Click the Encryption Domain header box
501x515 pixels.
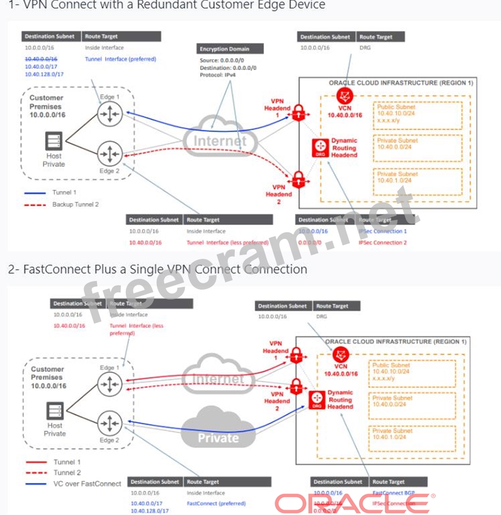[231, 49]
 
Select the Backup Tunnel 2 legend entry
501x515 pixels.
[75, 204]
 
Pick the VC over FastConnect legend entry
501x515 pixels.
[87, 483]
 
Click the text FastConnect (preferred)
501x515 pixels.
[216, 503]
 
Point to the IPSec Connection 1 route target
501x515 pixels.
[382, 231]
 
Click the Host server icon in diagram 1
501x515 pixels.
[53, 142]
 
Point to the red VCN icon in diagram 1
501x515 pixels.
[343, 96]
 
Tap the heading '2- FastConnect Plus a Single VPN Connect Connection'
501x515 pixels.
[158, 269]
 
